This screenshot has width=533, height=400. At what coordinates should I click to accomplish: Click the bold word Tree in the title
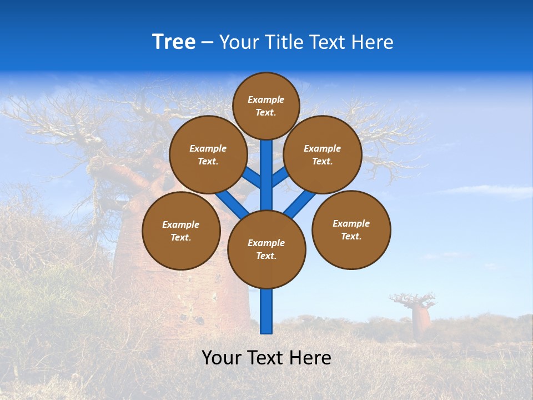coord(173,42)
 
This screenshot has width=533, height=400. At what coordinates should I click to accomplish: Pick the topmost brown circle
coord(266,106)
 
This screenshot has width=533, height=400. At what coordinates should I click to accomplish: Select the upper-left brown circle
coord(208,155)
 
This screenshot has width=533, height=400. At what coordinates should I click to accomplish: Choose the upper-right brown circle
coord(323,155)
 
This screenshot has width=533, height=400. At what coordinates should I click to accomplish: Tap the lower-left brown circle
coord(181,231)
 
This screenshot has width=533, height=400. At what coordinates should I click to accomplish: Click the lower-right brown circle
coord(351,230)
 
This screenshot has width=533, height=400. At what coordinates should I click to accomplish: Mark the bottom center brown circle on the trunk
coord(266,249)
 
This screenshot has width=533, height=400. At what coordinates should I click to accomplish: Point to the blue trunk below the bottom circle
coord(266,311)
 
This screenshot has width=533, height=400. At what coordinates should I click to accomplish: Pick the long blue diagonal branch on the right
coord(300,204)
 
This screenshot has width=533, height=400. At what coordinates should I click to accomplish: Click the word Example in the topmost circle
coord(266,99)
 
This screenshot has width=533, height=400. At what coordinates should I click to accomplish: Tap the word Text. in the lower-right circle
coord(351,236)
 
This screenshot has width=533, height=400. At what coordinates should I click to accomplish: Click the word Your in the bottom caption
coord(221,358)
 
